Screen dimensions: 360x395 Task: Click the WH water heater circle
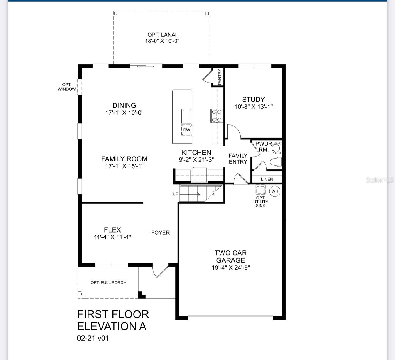coord(275,191)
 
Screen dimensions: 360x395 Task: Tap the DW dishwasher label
coord(186,130)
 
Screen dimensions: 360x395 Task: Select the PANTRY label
coord(220,77)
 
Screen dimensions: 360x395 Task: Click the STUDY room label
coord(253,100)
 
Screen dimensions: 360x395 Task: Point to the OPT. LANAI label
coord(162,35)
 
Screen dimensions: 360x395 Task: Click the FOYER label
coord(160,233)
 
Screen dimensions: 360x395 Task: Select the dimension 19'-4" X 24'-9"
coord(231,267)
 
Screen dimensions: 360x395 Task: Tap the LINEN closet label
coord(267,179)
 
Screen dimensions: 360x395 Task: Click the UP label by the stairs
coord(175,194)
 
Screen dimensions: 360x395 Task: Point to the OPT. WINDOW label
coord(67,87)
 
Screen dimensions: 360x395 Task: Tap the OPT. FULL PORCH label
coord(108,282)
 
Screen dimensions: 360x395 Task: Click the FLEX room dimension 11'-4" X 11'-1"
coord(112,237)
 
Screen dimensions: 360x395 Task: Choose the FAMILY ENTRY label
coord(238,159)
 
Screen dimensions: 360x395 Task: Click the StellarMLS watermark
coord(379,180)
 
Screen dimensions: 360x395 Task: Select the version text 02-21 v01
coord(93,338)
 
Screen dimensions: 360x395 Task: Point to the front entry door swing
coord(160,271)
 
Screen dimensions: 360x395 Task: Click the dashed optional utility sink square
coord(261,190)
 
